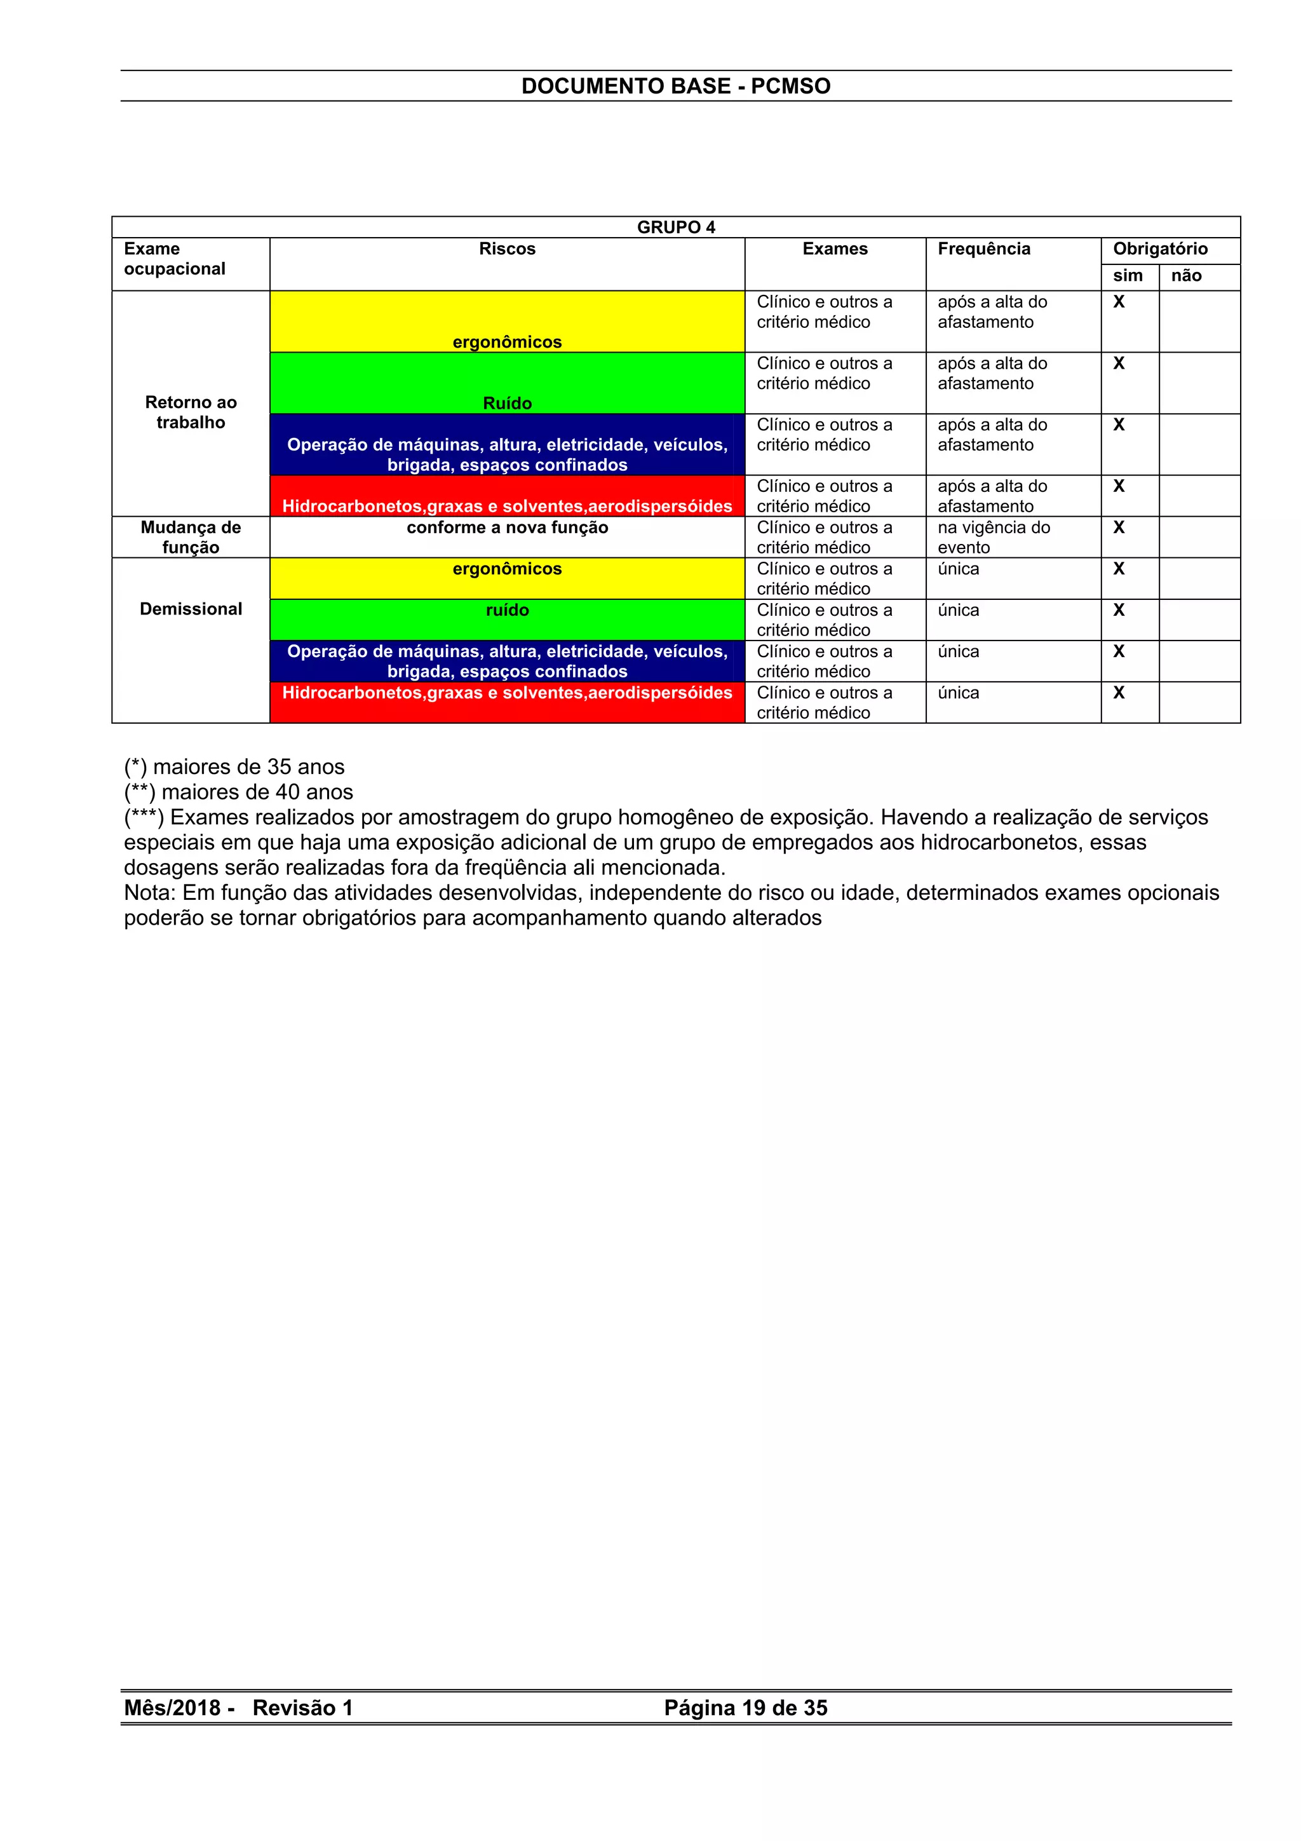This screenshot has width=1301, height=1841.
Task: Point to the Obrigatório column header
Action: (1159, 248)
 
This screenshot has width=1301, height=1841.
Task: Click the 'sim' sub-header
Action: (1127, 276)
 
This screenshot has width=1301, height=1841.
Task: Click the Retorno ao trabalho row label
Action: (191, 412)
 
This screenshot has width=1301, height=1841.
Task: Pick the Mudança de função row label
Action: (191, 537)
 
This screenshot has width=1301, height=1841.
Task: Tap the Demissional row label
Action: (191, 609)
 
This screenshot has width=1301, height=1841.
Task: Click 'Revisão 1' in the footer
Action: (302, 1708)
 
